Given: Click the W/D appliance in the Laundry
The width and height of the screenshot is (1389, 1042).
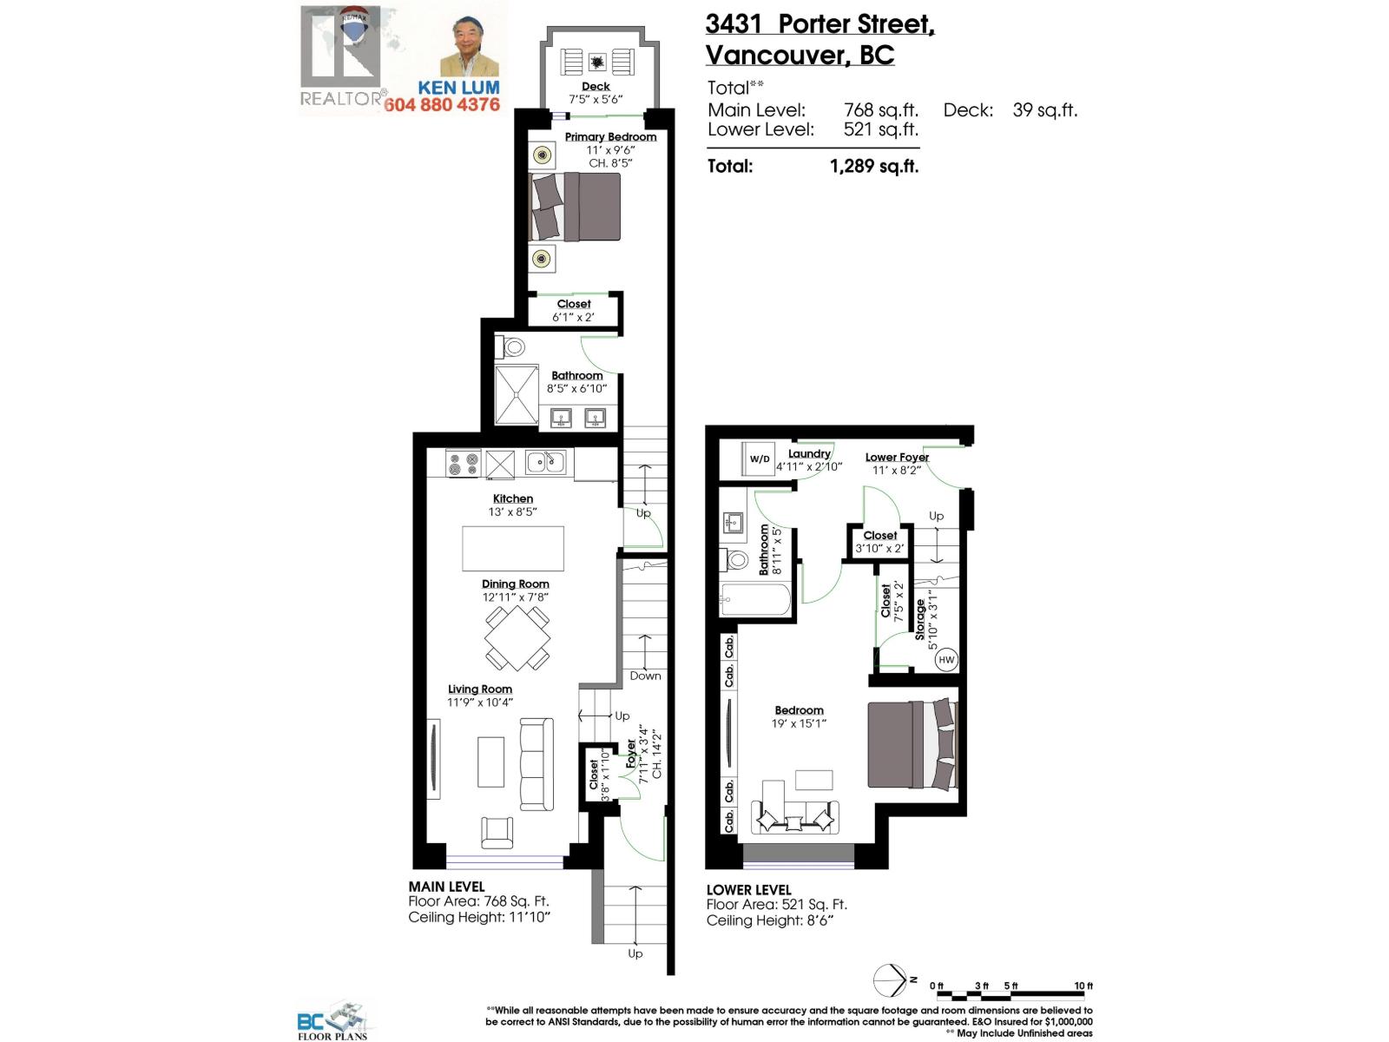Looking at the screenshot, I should point(760,458).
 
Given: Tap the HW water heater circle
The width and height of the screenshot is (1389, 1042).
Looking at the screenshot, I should point(945,660).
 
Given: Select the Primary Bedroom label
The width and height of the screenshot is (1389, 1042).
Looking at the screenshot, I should point(610,137).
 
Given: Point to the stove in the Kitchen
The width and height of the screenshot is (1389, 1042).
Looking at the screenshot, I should point(463,464).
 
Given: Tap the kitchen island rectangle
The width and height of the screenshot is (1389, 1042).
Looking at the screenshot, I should point(512,548).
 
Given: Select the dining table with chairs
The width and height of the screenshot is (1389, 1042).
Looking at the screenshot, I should point(517,638).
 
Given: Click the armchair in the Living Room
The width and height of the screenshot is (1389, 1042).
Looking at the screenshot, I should point(497,833).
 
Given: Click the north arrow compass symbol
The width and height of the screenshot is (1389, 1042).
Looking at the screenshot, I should point(890,980).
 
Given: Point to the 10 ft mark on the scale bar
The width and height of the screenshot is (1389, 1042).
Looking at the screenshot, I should point(1084,986).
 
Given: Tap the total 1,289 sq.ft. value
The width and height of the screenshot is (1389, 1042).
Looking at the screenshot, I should point(874,167).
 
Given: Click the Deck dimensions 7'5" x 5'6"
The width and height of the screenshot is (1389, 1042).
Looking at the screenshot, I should point(596,99).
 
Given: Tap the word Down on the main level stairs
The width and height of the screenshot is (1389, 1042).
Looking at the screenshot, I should point(645,676).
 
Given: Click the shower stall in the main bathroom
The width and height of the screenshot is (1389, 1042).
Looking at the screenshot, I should point(517,395).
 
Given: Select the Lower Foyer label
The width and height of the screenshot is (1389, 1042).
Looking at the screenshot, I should point(897,457).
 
